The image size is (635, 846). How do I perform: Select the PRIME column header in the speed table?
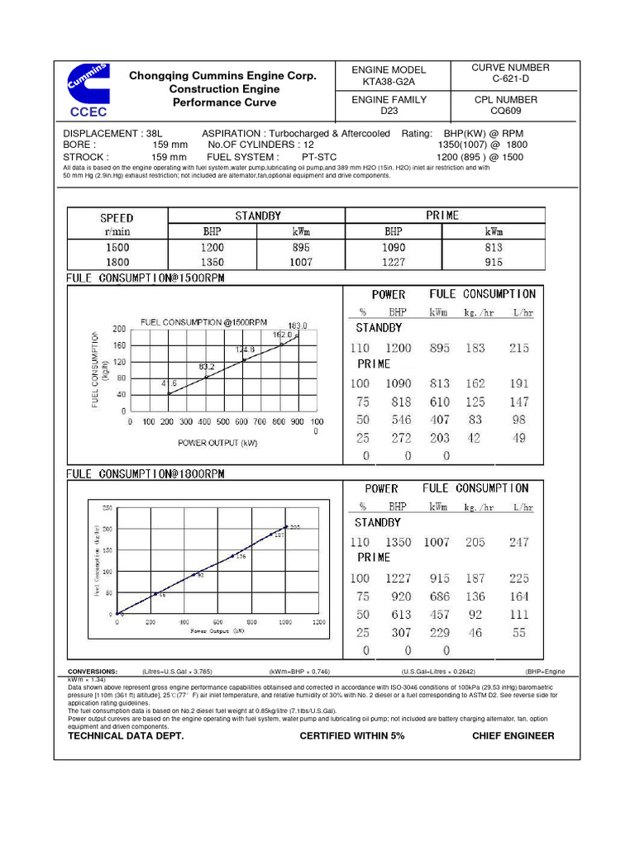point(442,216)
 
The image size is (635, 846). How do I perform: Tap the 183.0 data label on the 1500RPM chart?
point(298,326)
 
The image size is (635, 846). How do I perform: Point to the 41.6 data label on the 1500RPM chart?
point(168,383)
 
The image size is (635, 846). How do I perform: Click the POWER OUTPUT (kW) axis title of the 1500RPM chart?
point(218,443)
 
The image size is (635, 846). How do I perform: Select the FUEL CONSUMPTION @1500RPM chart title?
point(204,321)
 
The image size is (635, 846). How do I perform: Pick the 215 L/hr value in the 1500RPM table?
point(518,349)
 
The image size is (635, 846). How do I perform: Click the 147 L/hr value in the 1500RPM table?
point(518,402)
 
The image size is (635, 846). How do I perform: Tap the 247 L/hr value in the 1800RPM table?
point(518,543)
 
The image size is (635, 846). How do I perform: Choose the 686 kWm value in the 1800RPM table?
point(439,596)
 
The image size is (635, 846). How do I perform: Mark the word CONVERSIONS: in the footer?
point(93,672)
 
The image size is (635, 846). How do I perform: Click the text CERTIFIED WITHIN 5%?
point(351,735)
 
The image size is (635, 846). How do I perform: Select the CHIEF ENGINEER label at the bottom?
point(513,735)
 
